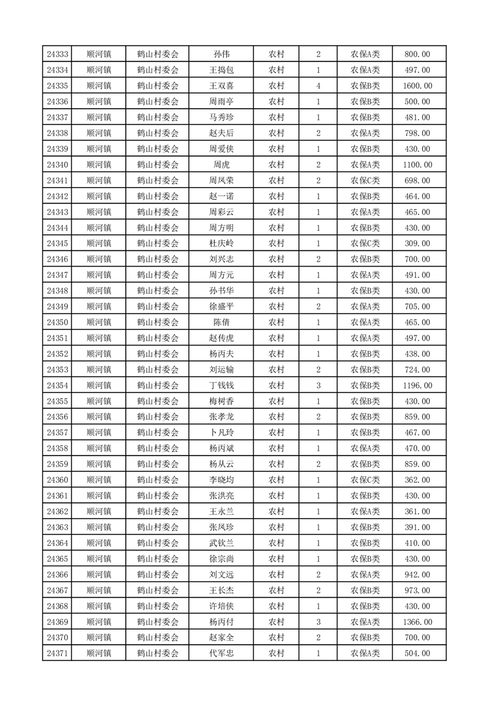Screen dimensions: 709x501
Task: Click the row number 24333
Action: (57, 54)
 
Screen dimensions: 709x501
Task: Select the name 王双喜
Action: (221, 86)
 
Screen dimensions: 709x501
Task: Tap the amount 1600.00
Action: (419, 86)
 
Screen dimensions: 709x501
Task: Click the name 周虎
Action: (221, 165)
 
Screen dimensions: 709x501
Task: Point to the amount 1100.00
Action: (419, 165)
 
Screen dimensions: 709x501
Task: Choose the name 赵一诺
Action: (221, 197)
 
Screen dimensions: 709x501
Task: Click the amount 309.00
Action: (419, 243)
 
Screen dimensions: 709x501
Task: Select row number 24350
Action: (57, 322)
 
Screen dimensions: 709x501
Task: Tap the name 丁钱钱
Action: (221, 385)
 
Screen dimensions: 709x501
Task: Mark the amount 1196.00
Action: (419, 385)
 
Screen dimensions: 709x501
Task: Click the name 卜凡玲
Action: (221, 433)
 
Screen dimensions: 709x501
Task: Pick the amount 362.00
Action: (419, 480)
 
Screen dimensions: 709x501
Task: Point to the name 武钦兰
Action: (221, 543)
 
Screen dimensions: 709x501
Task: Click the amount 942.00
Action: (419, 574)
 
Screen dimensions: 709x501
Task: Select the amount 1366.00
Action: (419, 622)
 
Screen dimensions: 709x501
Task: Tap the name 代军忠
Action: (221, 653)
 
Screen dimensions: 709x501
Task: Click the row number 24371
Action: (57, 653)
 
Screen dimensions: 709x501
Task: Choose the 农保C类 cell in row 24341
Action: (365, 181)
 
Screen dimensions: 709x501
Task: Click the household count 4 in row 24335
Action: (318, 86)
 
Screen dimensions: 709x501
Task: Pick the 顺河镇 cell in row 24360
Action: (99, 480)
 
